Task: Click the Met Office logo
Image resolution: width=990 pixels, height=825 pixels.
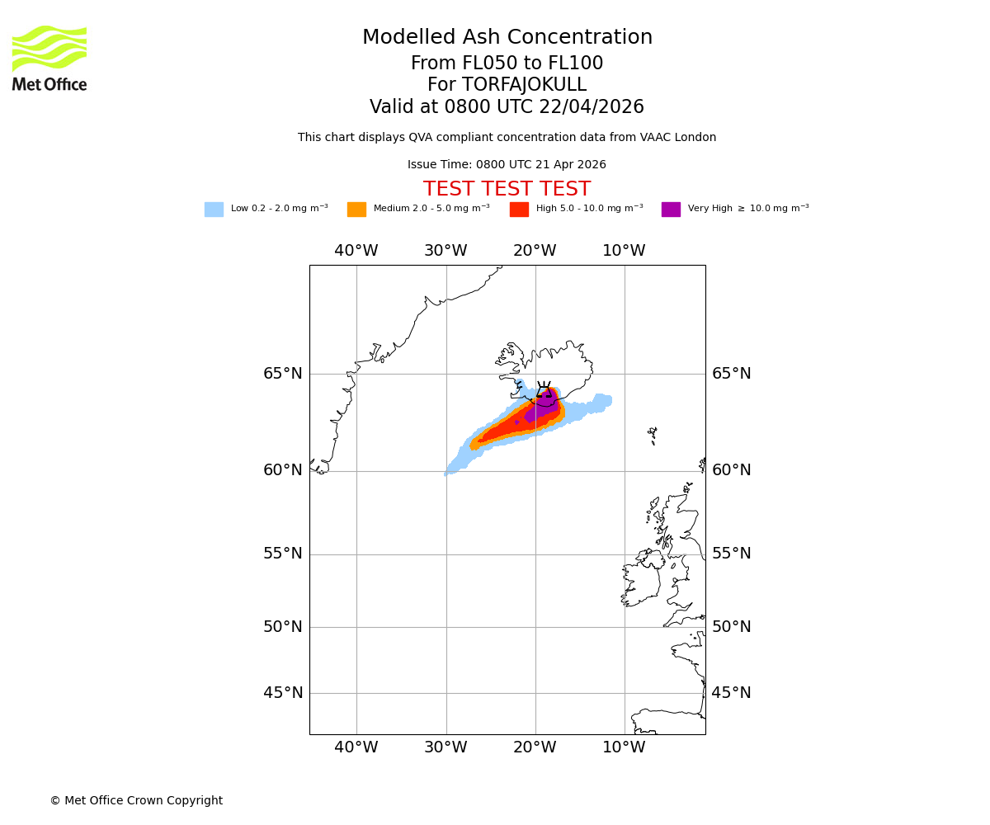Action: coord(49,58)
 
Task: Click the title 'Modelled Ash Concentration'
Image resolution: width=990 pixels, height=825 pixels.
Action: coord(507,38)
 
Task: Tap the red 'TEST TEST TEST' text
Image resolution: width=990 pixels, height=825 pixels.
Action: coord(507,189)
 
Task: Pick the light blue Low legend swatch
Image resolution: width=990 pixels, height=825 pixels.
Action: coord(214,210)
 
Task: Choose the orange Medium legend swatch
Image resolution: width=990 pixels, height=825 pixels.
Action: coord(356,210)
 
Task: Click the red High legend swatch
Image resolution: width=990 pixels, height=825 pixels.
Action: coord(519,210)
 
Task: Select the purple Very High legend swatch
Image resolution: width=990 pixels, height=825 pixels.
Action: coord(671,210)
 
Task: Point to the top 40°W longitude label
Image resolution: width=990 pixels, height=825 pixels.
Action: coord(356,251)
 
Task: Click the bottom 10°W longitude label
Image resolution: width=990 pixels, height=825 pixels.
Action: coord(624,747)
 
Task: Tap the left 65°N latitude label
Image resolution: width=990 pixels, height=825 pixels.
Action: coord(283,374)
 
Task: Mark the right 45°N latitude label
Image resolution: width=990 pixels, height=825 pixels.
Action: coord(731,693)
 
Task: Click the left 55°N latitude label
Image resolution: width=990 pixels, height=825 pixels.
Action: coord(283,554)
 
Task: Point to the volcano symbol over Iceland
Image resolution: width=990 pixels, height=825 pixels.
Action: coord(544,389)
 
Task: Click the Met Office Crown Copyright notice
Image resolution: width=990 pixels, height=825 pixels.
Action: coord(136,800)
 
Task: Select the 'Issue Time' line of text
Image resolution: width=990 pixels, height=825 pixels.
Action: coord(507,165)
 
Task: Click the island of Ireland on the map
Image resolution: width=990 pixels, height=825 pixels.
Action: coord(642,582)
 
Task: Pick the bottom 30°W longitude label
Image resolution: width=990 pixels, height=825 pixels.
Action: coord(445,747)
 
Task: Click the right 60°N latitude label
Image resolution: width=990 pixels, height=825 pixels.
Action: coord(731,470)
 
